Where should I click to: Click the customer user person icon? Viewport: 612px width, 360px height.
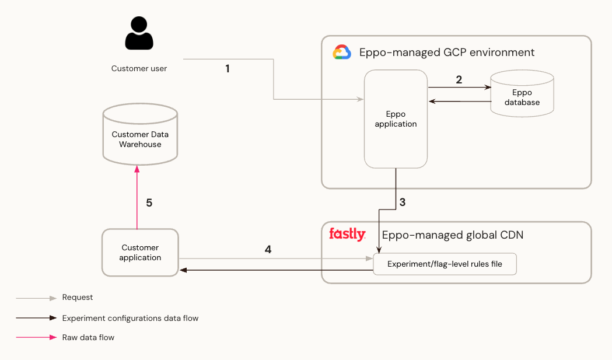tap(139, 34)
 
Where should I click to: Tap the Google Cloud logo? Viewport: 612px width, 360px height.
tap(342, 53)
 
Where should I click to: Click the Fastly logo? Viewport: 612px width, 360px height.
tap(347, 235)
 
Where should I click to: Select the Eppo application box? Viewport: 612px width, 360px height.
tap(396, 119)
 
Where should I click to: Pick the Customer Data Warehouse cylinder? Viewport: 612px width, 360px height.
tap(140, 135)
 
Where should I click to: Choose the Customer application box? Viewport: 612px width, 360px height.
tap(140, 253)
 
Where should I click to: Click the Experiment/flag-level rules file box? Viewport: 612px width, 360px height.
tap(445, 264)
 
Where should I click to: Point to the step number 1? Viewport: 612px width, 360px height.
tap(227, 69)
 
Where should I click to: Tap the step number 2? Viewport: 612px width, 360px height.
tap(459, 80)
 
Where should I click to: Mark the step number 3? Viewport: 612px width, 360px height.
tap(402, 203)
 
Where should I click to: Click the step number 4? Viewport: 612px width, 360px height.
tap(268, 250)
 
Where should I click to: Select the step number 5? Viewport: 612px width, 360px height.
tap(149, 203)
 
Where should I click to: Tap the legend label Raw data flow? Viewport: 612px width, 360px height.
tap(88, 337)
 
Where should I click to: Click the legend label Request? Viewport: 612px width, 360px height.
tap(78, 298)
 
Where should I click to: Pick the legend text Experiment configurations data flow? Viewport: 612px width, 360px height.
tap(130, 318)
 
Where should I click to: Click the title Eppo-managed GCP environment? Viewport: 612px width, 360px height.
tap(446, 53)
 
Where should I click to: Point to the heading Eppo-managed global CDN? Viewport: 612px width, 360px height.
tap(452, 235)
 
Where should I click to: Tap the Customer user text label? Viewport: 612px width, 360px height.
tap(139, 69)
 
